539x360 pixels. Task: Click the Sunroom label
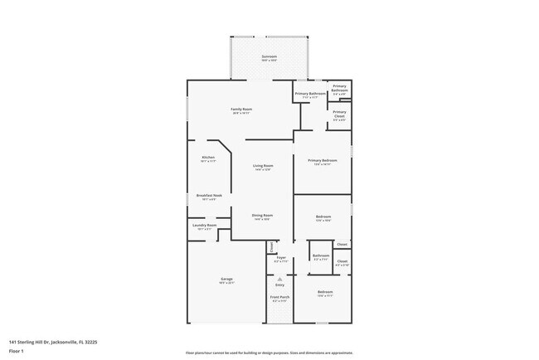[269, 56]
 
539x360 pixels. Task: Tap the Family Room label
[240, 109]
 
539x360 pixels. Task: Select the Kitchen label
[208, 158]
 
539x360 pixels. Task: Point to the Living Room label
[263, 166]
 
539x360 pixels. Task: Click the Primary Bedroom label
[322, 161]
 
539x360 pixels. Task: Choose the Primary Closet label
[339, 114]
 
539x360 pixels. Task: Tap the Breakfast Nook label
[208, 196]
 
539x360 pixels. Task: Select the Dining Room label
[262, 216]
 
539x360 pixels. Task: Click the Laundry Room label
[204, 225]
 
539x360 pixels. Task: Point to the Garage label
[226, 279]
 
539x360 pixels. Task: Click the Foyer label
[280, 258]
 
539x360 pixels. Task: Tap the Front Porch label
[279, 297]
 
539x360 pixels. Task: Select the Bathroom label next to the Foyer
[321, 255]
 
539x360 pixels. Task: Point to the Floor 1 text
[17, 350]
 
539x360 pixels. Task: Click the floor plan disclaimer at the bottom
[269, 353]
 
